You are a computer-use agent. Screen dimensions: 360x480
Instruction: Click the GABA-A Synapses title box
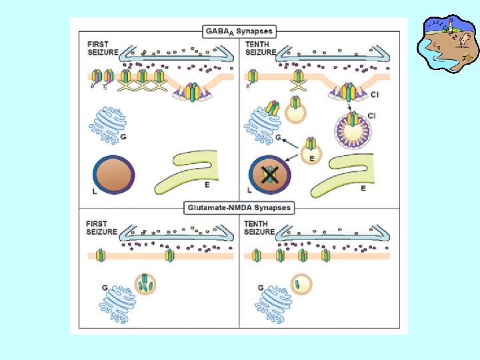point(238,31)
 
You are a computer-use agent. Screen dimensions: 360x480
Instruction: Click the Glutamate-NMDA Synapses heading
point(238,207)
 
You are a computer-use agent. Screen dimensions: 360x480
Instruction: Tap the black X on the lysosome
point(269,175)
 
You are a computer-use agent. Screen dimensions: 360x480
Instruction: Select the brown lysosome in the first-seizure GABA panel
point(114,173)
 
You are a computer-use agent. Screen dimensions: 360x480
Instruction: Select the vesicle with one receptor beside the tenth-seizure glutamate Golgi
point(301,285)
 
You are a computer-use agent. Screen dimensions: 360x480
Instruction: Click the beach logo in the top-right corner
point(447,43)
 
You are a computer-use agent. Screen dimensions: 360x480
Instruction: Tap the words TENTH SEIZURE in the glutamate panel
point(260,227)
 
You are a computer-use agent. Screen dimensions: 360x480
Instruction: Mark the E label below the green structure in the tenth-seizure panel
point(363,189)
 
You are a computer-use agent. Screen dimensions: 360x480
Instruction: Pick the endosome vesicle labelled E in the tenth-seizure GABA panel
point(310,151)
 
